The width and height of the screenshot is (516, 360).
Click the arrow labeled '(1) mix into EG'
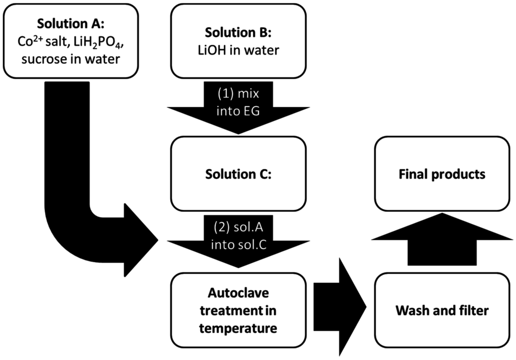click(x=238, y=108)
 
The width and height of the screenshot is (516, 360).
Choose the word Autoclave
click(x=238, y=292)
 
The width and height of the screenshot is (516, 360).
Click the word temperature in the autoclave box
click(x=238, y=328)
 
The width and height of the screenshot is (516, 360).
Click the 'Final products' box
click(x=442, y=174)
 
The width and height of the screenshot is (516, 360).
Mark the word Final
click(x=414, y=174)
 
